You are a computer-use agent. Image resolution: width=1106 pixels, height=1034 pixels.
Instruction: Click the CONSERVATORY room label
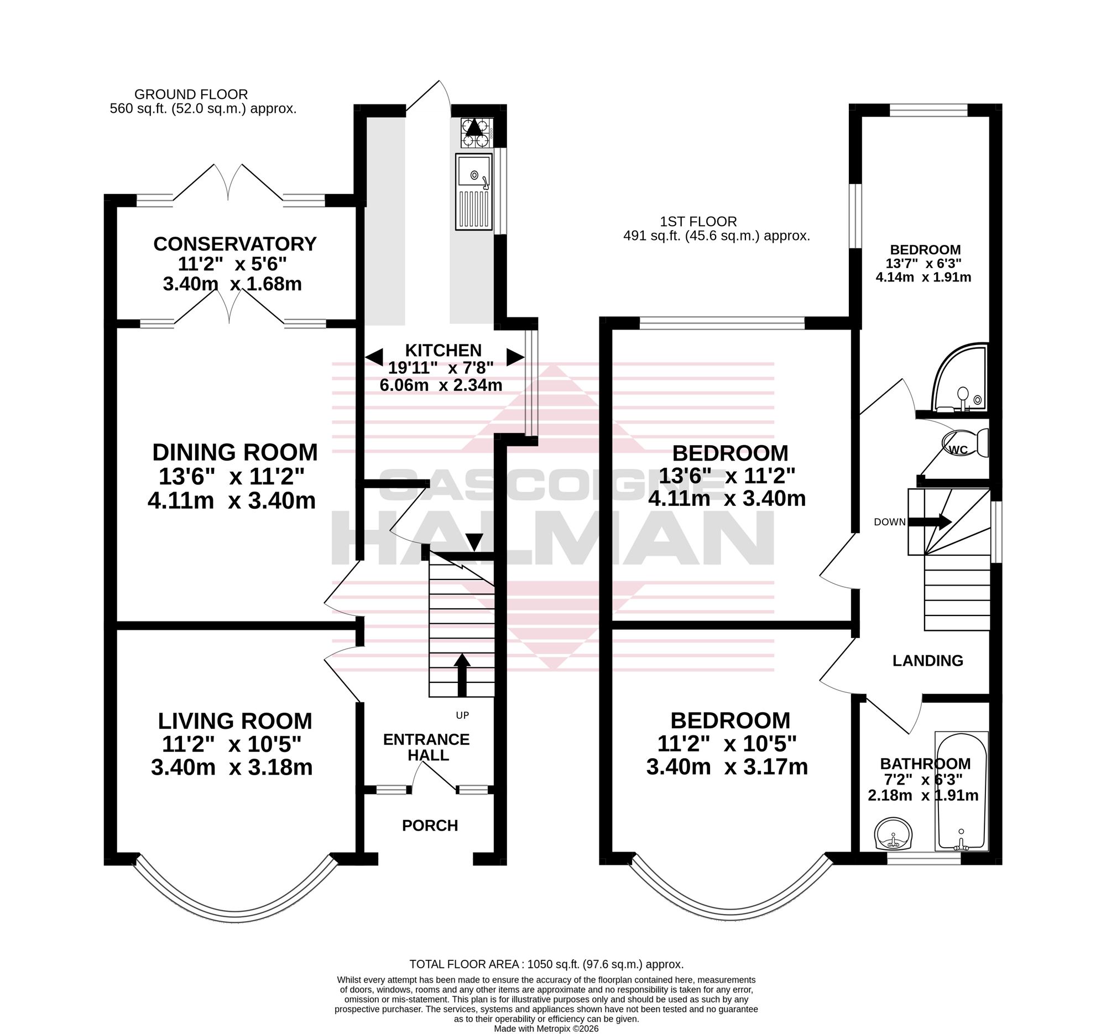click(235, 244)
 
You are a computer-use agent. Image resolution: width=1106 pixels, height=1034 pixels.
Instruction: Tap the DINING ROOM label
click(235, 453)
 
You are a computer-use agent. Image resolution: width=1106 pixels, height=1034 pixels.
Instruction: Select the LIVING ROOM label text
click(235, 721)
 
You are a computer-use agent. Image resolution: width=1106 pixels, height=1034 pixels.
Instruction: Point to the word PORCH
click(430, 826)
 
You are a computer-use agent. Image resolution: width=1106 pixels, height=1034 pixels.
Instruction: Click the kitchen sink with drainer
click(474, 191)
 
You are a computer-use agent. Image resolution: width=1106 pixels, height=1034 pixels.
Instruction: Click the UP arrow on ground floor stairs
click(462, 675)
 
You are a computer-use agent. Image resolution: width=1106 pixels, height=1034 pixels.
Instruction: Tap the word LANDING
click(928, 661)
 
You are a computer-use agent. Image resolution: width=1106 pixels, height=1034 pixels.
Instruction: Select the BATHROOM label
click(925, 764)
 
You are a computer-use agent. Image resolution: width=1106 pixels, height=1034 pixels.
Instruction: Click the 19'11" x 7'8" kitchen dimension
click(441, 368)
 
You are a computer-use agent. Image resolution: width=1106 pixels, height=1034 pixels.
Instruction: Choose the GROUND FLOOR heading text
click(191, 95)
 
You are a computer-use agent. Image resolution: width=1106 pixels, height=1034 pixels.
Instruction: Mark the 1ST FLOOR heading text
click(698, 221)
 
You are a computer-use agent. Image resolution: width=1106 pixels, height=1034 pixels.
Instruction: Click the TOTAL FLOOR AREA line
click(546, 964)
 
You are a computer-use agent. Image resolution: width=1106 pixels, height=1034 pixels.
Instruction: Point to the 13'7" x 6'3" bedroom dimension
click(924, 263)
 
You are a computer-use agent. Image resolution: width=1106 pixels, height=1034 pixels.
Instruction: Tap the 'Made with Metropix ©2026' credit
click(546, 1029)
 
